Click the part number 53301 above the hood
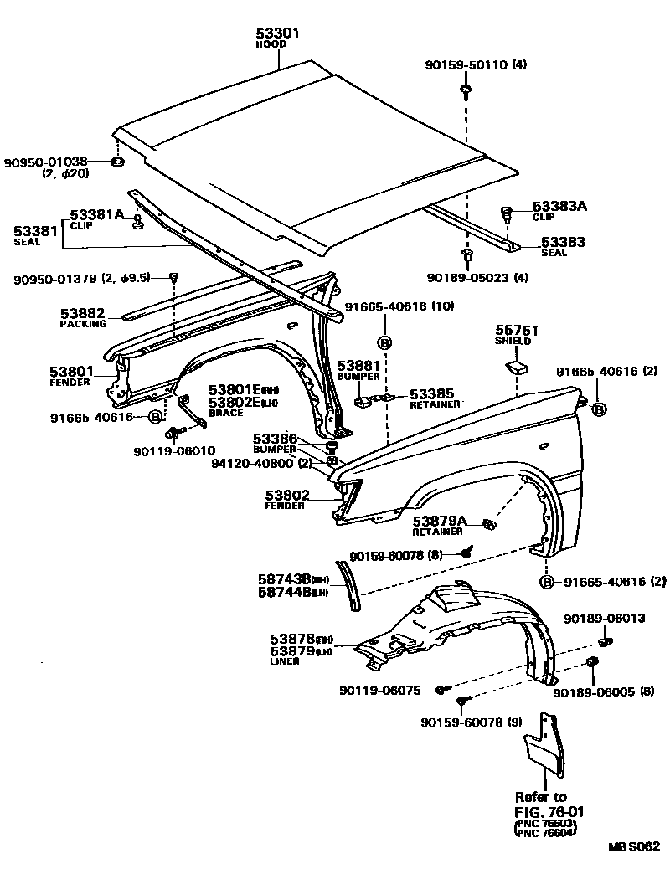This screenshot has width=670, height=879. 277,33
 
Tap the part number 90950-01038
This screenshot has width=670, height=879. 46,162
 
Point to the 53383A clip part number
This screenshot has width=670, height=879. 559,206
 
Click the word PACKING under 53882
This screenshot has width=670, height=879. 84,324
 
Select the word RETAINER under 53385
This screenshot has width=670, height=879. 435,404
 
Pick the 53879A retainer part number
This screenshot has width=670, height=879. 439,521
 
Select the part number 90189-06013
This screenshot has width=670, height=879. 604,619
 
